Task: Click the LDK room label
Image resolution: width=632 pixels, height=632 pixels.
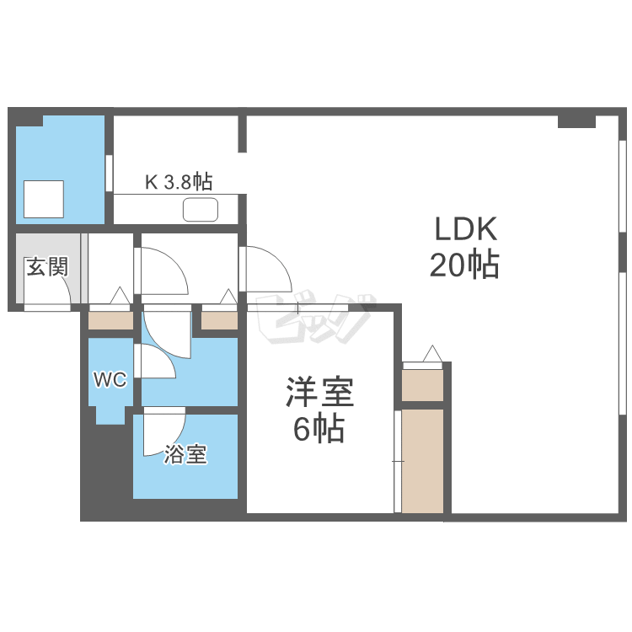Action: coord(466,229)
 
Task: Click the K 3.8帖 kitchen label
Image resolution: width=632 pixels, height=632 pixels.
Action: coord(179,180)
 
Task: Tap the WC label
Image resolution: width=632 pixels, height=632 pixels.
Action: coord(110,380)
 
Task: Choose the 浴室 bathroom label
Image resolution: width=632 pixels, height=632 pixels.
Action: coord(185,455)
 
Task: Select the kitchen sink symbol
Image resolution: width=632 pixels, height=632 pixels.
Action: coord(201,208)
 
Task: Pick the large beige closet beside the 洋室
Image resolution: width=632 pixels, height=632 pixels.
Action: coord(422,460)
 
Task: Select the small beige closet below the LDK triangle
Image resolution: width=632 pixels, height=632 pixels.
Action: coord(422,385)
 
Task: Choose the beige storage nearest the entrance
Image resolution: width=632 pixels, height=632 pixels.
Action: coord(110,321)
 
